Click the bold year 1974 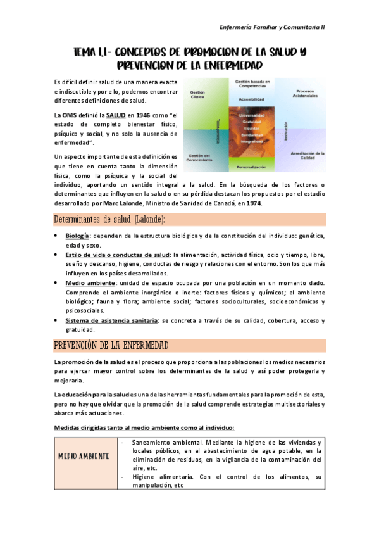coord(252,203)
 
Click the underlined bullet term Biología coord(77,236)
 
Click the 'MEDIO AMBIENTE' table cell coord(84,457)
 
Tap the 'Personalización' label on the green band coord(252,167)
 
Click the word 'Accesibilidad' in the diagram coord(252,99)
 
